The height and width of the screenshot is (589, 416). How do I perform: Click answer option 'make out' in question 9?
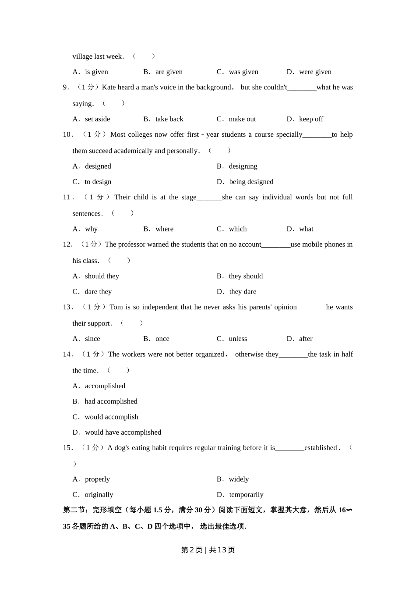click(x=242, y=119)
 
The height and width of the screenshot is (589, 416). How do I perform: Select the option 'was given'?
click(x=243, y=72)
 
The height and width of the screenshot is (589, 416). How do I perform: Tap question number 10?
click(x=67, y=135)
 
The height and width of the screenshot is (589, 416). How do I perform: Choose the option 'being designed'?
click(x=251, y=182)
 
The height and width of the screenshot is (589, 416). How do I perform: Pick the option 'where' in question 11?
click(x=164, y=229)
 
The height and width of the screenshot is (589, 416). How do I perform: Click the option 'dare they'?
click(x=98, y=292)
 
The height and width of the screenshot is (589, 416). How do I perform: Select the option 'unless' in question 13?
click(x=238, y=339)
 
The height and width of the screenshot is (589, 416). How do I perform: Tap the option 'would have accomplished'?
click(x=123, y=433)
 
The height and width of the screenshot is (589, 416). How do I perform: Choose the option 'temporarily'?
click(x=246, y=495)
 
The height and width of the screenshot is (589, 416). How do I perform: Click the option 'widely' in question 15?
click(x=239, y=479)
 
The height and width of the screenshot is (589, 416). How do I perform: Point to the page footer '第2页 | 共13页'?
click(x=208, y=550)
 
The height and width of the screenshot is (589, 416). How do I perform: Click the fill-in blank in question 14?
click(x=293, y=355)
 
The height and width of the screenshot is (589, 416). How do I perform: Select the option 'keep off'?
click(x=311, y=119)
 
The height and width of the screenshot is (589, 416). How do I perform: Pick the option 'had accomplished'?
click(x=111, y=401)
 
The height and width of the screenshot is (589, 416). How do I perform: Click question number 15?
click(x=67, y=448)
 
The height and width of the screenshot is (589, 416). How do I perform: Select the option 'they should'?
click(x=246, y=276)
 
